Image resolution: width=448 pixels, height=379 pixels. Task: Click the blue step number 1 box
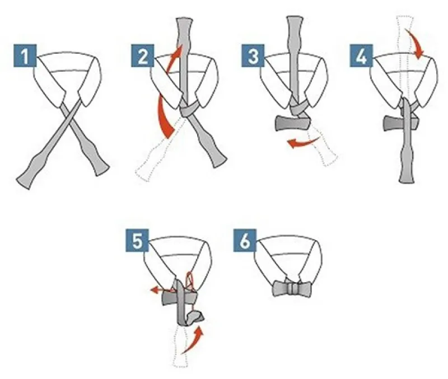coord(25,55)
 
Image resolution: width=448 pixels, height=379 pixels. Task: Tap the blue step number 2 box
coord(143,55)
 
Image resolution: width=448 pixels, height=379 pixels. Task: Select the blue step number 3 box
coord(253,55)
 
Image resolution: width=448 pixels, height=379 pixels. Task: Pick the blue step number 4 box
coord(361,55)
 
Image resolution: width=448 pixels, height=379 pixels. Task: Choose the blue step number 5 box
coord(137,241)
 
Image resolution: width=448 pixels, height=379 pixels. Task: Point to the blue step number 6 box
coord(245,241)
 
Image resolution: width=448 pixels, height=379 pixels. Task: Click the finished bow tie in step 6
coord(292,288)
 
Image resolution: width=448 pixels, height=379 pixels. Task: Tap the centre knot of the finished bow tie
coord(292,288)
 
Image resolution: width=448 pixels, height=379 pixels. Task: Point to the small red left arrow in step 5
coord(161,290)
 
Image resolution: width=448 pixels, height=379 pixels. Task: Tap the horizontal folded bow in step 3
coord(292,123)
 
